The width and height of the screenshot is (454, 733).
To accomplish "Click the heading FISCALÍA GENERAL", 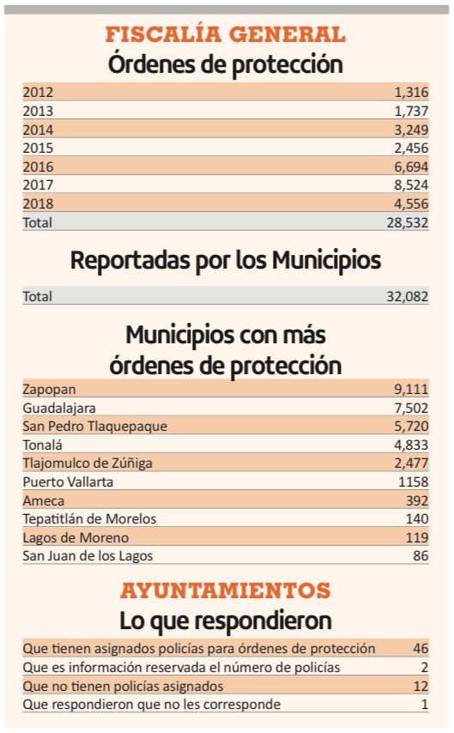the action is point(226,34).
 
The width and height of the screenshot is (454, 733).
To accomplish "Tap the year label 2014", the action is point(38,130).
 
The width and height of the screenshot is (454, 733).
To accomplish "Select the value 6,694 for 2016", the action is point(411,167).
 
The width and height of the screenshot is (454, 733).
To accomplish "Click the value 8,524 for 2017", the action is point(411,185).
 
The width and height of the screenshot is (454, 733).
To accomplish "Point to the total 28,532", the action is point(408,222).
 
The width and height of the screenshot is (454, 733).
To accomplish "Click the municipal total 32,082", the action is point(408,296).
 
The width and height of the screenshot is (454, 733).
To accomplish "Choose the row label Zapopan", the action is point(49,390).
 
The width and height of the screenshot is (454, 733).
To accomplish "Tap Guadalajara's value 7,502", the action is point(411,408).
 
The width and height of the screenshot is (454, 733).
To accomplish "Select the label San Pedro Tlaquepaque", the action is point(95,427).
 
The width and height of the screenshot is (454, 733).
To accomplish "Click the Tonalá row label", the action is point(43,445).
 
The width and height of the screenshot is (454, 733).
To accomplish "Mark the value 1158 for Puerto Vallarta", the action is point(414,482).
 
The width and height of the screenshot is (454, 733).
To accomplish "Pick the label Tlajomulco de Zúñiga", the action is point(88,463).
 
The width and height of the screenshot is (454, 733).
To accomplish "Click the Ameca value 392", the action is point(417,500).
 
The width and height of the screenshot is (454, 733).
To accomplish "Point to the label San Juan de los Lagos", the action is point(88,556).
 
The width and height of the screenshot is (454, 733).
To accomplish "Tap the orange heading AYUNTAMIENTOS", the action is point(226,591).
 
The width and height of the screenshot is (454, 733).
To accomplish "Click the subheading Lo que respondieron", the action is point(226,621).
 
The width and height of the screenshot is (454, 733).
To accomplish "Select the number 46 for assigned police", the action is point(421,648).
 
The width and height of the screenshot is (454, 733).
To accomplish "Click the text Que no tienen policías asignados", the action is point(123,687).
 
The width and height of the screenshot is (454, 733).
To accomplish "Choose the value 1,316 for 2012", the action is point(411,92).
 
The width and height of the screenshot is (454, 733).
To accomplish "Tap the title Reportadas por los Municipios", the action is point(226,261).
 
